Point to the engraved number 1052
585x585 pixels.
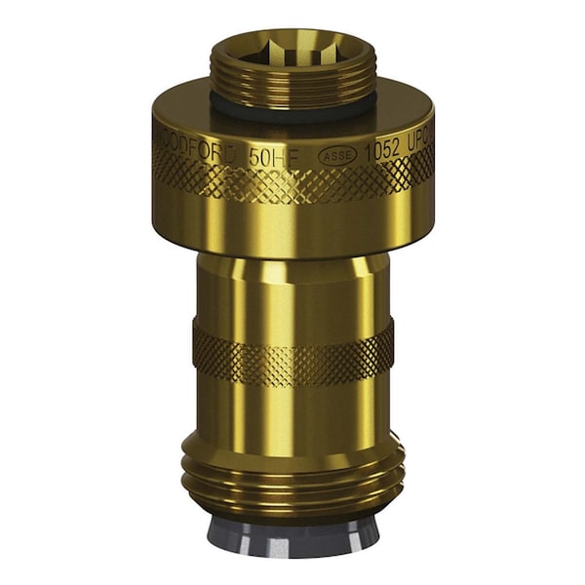383,151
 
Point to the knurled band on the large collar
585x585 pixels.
292,180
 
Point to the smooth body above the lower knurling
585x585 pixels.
292,288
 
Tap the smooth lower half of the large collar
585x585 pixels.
292,229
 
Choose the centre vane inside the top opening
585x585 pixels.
292,45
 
